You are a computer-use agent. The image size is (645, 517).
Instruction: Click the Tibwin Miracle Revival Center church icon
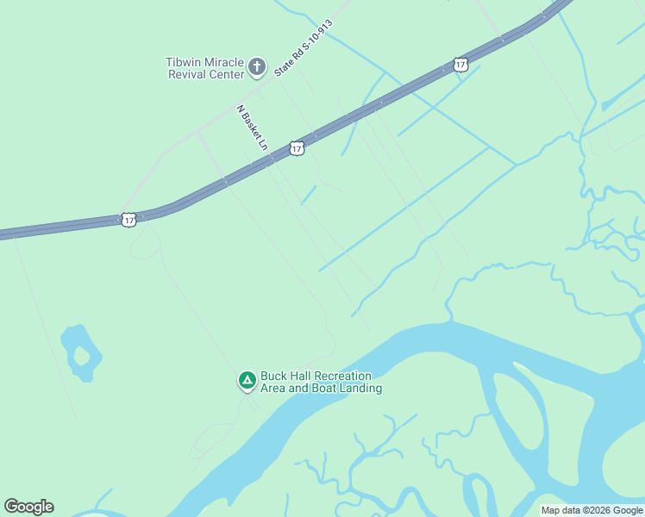tap(256, 66)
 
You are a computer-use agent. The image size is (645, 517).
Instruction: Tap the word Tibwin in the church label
tap(184, 61)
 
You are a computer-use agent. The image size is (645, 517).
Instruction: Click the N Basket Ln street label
tap(253, 128)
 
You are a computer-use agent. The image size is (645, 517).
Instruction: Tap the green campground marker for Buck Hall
tap(247, 380)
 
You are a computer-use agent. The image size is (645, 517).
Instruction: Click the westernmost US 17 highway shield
tap(128, 221)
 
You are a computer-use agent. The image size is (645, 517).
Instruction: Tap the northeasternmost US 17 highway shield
tap(460, 65)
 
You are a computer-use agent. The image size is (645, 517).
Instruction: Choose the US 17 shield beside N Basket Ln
tap(297, 149)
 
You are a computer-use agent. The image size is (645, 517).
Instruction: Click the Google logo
tap(28, 507)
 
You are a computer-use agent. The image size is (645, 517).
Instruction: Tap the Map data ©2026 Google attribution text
tap(592, 510)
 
